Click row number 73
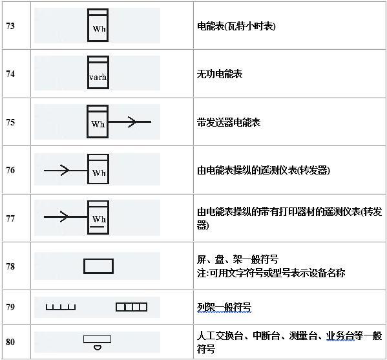(10, 26)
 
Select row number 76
(10, 170)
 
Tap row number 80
(10, 342)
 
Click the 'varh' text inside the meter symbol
(98, 78)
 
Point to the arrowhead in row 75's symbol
(132, 122)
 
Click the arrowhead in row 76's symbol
(65, 170)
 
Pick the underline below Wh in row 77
(97, 226)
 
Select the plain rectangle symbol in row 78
(98, 266)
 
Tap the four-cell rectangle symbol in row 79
(132, 307)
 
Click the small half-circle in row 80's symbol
(98, 348)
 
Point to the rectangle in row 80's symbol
(98, 339)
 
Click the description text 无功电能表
(220, 74)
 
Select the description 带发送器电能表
(229, 122)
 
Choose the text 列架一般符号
(224, 308)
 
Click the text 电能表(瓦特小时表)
(236, 26)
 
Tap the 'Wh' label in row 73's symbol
(99, 28)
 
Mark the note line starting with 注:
(271, 273)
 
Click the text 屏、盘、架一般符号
(238, 260)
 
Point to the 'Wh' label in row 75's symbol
(98, 123)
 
